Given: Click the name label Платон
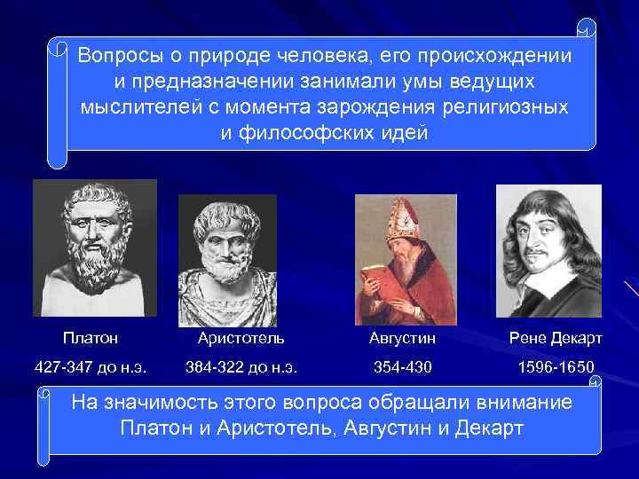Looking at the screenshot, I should coord(91,338).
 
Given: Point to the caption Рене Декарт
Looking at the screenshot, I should coord(556,338).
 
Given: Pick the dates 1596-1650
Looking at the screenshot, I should coord(556,366).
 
